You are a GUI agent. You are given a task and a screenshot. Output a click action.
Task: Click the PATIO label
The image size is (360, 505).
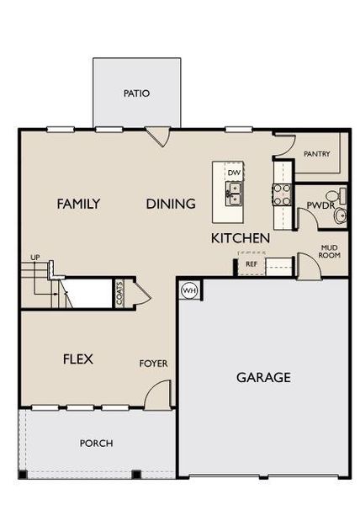click(x=136, y=93)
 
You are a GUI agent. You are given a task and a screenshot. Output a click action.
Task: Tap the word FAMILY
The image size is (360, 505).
click(x=78, y=204)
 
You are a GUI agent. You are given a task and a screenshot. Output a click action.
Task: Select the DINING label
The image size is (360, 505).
click(x=171, y=204)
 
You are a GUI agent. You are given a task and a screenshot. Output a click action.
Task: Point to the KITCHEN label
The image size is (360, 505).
click(x=241, y=238)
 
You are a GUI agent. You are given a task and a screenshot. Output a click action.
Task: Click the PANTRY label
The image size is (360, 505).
click(x=316, y=154)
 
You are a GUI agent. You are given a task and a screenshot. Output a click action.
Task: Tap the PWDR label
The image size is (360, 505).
click(x=319, y=205)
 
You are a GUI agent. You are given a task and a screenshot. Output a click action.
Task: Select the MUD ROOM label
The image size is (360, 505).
click(x=330, y=251)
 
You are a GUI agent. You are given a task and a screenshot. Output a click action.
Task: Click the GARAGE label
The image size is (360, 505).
click(x=263, y=377)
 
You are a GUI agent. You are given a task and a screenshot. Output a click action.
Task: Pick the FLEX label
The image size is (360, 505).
click(x=78, y=359)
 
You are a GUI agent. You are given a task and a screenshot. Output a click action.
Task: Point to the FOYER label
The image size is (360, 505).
click(x=153, y=364)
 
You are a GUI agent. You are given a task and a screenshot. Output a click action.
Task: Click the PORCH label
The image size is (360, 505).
click(x=96, y=443)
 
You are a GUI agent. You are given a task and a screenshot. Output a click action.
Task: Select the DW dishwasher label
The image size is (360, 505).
click(x=234, y=173)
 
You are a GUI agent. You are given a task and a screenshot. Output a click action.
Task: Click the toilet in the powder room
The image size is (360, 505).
click(x=340, y=216)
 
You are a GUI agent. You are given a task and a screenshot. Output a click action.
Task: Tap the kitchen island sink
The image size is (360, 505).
click(x=234, y=193)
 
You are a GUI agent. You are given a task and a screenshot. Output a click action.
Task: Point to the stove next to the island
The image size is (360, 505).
click(x=281, y=194)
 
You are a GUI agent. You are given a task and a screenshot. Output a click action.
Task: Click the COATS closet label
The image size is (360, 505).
click(x=119, y=295)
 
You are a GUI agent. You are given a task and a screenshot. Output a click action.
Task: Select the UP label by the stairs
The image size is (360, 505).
click(x=35, y=257)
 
